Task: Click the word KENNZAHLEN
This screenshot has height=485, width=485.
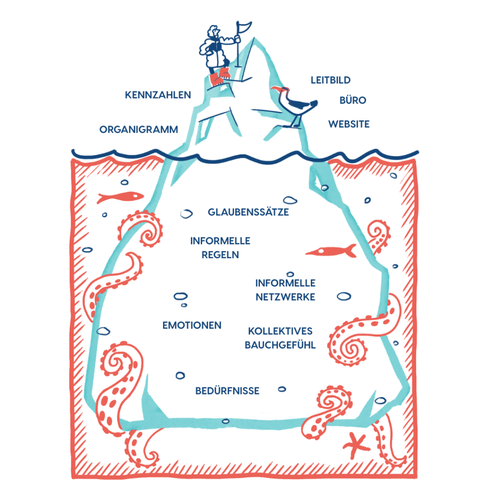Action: [158, 95]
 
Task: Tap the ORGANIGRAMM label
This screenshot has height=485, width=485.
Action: [139, 129]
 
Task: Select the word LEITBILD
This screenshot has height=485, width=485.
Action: [331, 80]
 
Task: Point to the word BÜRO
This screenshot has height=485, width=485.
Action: [353, 101]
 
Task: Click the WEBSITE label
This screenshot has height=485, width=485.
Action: [349, 124]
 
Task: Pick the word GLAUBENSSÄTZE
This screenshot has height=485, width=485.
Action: [248, 212]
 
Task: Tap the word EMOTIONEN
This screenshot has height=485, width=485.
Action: [192, 325]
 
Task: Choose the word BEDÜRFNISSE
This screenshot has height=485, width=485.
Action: [227, 391]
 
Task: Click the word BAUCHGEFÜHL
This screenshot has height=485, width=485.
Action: [280, 345]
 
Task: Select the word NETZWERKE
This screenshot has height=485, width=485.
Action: [286, 297]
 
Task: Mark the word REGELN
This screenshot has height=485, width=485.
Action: [220, 255]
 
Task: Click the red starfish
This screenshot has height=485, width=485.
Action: [356, 445]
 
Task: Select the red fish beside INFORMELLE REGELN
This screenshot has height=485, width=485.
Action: [331, 251]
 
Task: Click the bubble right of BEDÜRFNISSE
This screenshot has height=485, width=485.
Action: [282, 389]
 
